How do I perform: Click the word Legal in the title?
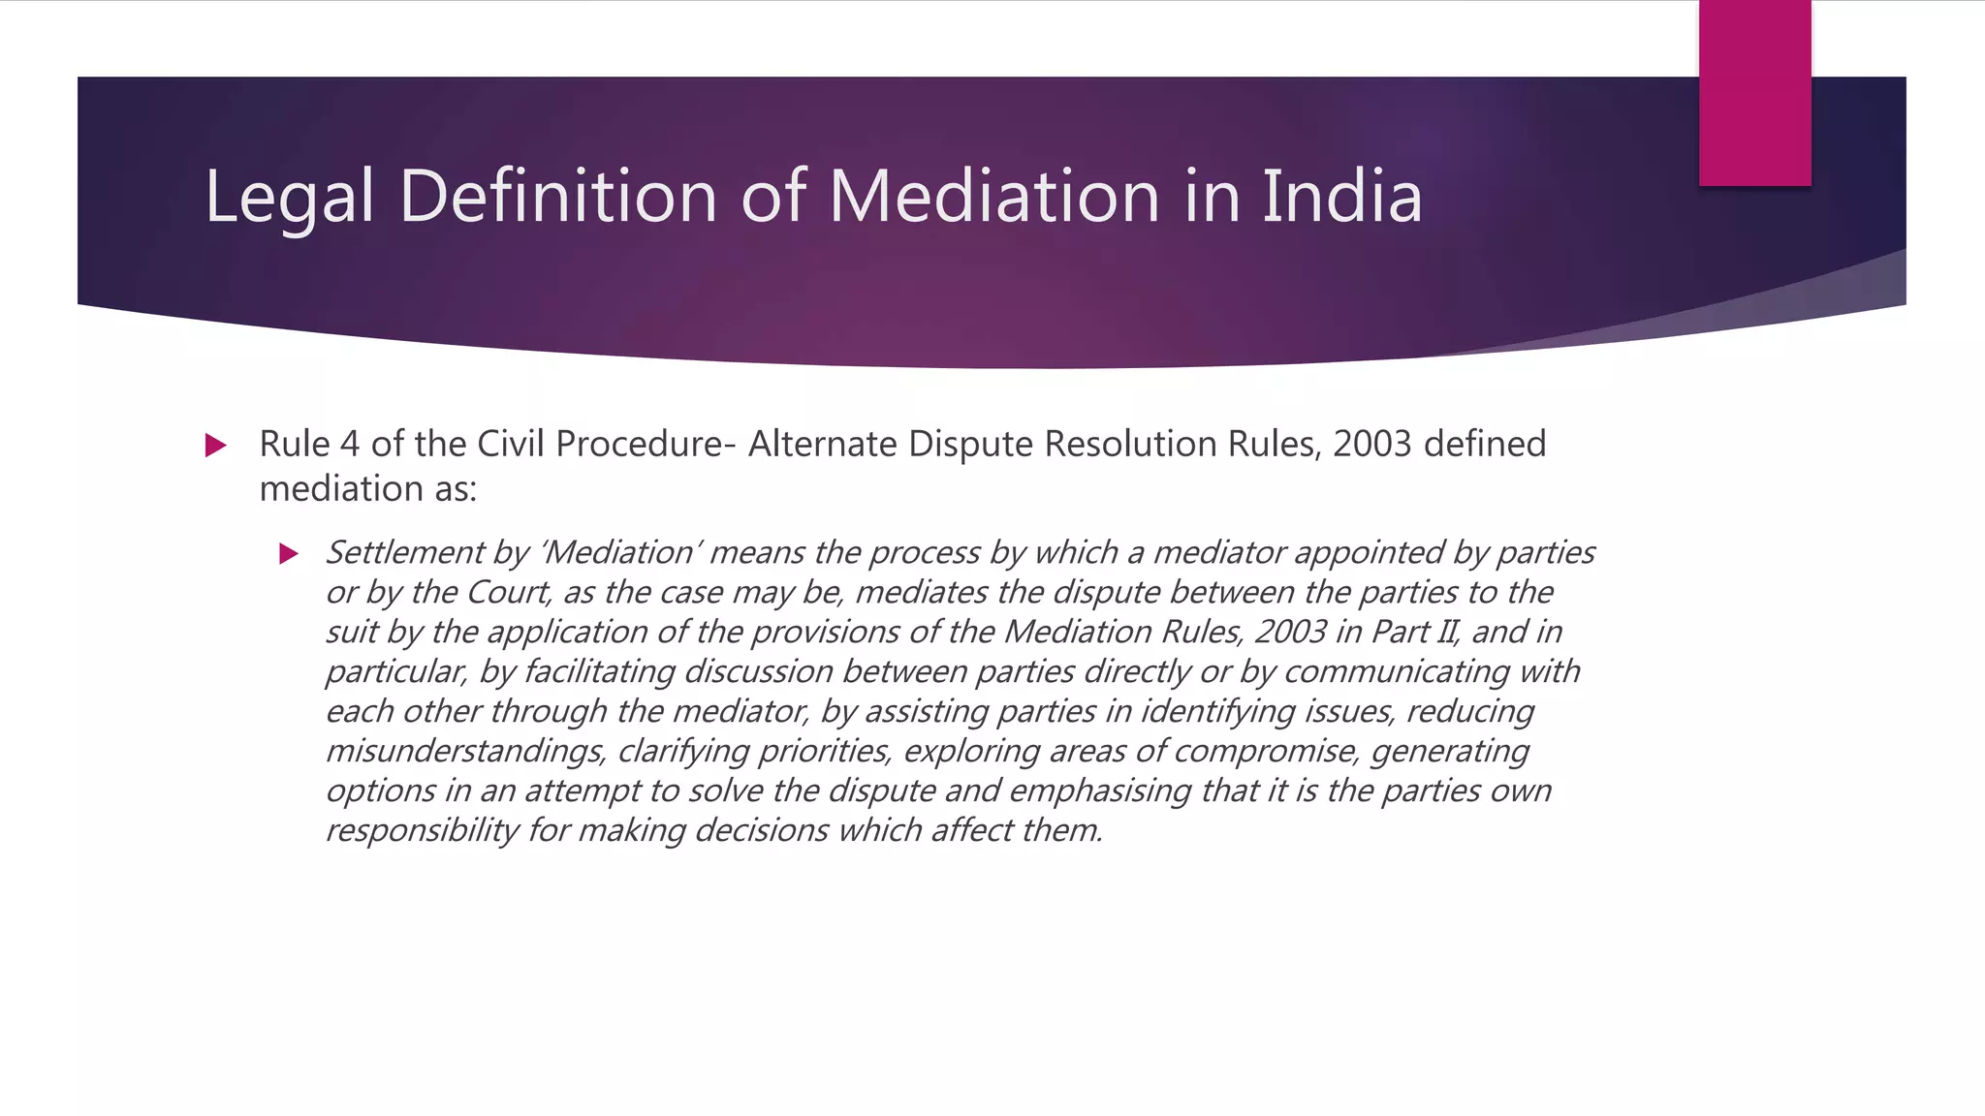[x=289, y=198]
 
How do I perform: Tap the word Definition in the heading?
[x=557, y=196]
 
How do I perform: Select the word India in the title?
[x=1341, y=196]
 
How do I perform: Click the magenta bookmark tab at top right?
[x=1754, y=93]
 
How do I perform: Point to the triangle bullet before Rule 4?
[x=216, y=446]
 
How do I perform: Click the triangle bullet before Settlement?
[x=288, y=554]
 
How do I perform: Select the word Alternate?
[x=823, y=444]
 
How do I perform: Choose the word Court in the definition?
[x=509, y=592]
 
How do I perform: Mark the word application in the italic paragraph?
[x=567, y=633]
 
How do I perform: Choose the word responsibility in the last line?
[x=421, y=830]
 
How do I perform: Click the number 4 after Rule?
[x=350, y=444]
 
